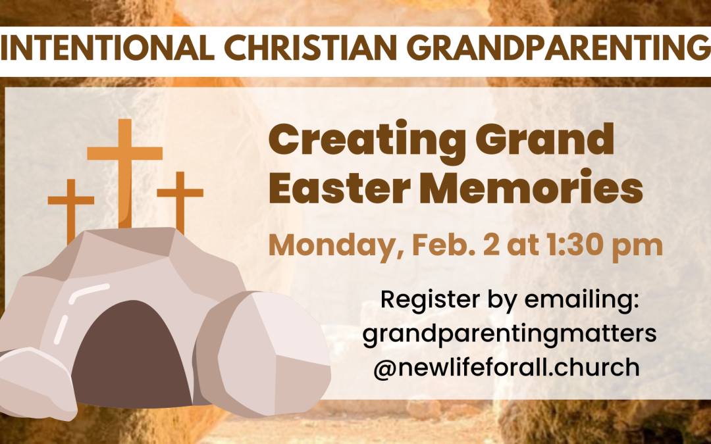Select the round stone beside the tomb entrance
[263, 355]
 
